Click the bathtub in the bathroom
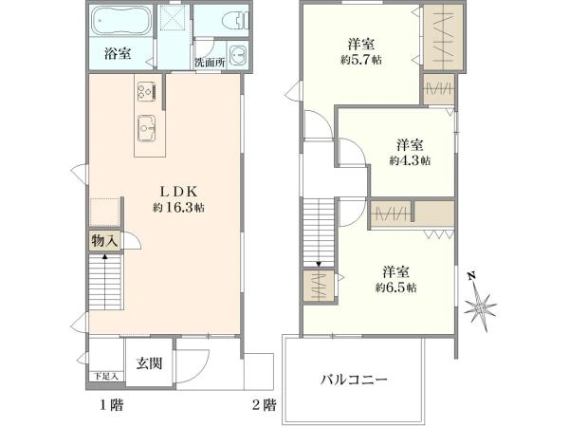coord(121,20)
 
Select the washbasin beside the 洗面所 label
coord(238,54)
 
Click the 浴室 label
coord(118,54)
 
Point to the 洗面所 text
coord(210,62)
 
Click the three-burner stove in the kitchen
coord(147,91)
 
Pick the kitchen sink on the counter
coord(147,128)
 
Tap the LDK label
coord(179,191)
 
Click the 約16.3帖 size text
coord(178,208)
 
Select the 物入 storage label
coord(104,241)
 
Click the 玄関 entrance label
coord(149,363)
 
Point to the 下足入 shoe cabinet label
coord(106,376)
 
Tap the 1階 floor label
coord(112,404)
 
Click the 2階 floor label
coord(265,404)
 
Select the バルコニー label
coord(354,380)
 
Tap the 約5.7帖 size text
coord(361,60)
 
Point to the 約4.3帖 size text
coord(410,160)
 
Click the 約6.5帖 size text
coord(395,288)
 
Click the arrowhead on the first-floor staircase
coord(105,257)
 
